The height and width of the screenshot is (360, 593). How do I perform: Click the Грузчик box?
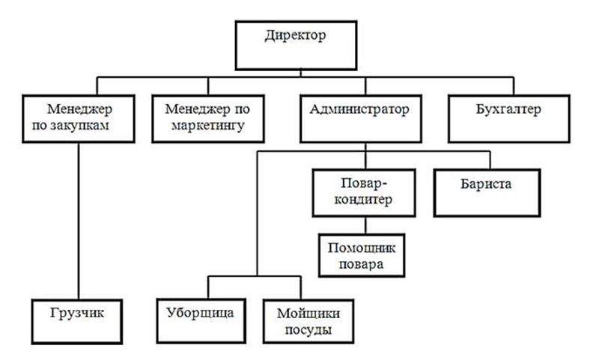tap(79, 321)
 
